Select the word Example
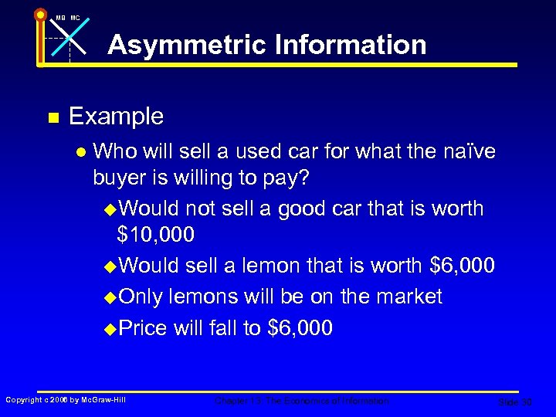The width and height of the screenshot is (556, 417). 116,117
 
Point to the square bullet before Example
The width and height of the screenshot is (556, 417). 53,118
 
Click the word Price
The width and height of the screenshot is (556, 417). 143,328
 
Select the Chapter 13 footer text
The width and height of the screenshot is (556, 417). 302,401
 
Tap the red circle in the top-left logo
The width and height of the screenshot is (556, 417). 40,13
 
